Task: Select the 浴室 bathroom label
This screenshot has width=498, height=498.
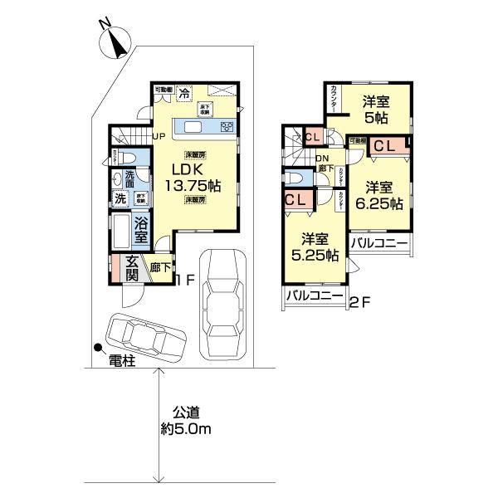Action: click(x=141, y=228)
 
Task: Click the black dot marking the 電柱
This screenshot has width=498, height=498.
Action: click(x=98, y=349)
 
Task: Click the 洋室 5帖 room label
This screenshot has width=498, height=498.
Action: click(x=378, y=110)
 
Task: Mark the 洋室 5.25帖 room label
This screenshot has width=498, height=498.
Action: click(x=314, y=246)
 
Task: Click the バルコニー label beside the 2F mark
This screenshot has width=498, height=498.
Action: click(x=314, y=295)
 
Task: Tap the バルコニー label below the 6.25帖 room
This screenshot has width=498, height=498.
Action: click(x=378, y=243)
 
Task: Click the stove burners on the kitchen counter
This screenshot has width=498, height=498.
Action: click(x=226, y=126)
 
